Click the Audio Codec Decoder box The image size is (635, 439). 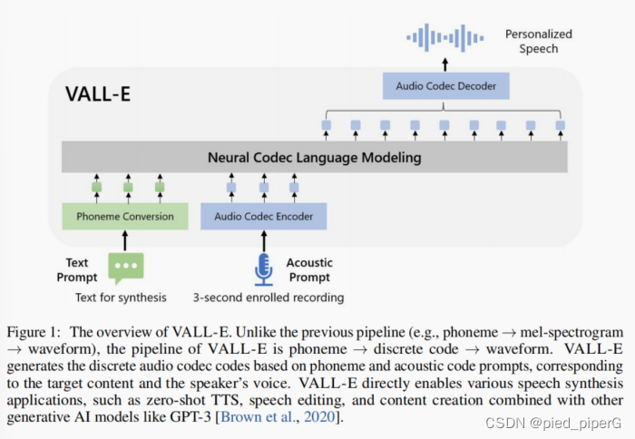pos(446,87)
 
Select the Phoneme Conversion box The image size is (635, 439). pos(124,217)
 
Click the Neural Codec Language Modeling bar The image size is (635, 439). pos(314,157)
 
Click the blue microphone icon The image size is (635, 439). pos(264,268)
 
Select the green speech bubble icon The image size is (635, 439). pos(125,268)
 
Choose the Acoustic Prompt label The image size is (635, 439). pos(309,269)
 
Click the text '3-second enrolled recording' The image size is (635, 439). pos(268,298)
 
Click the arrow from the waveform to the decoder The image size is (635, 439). pos(445,63)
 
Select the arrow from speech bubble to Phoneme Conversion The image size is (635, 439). pos(125,240)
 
